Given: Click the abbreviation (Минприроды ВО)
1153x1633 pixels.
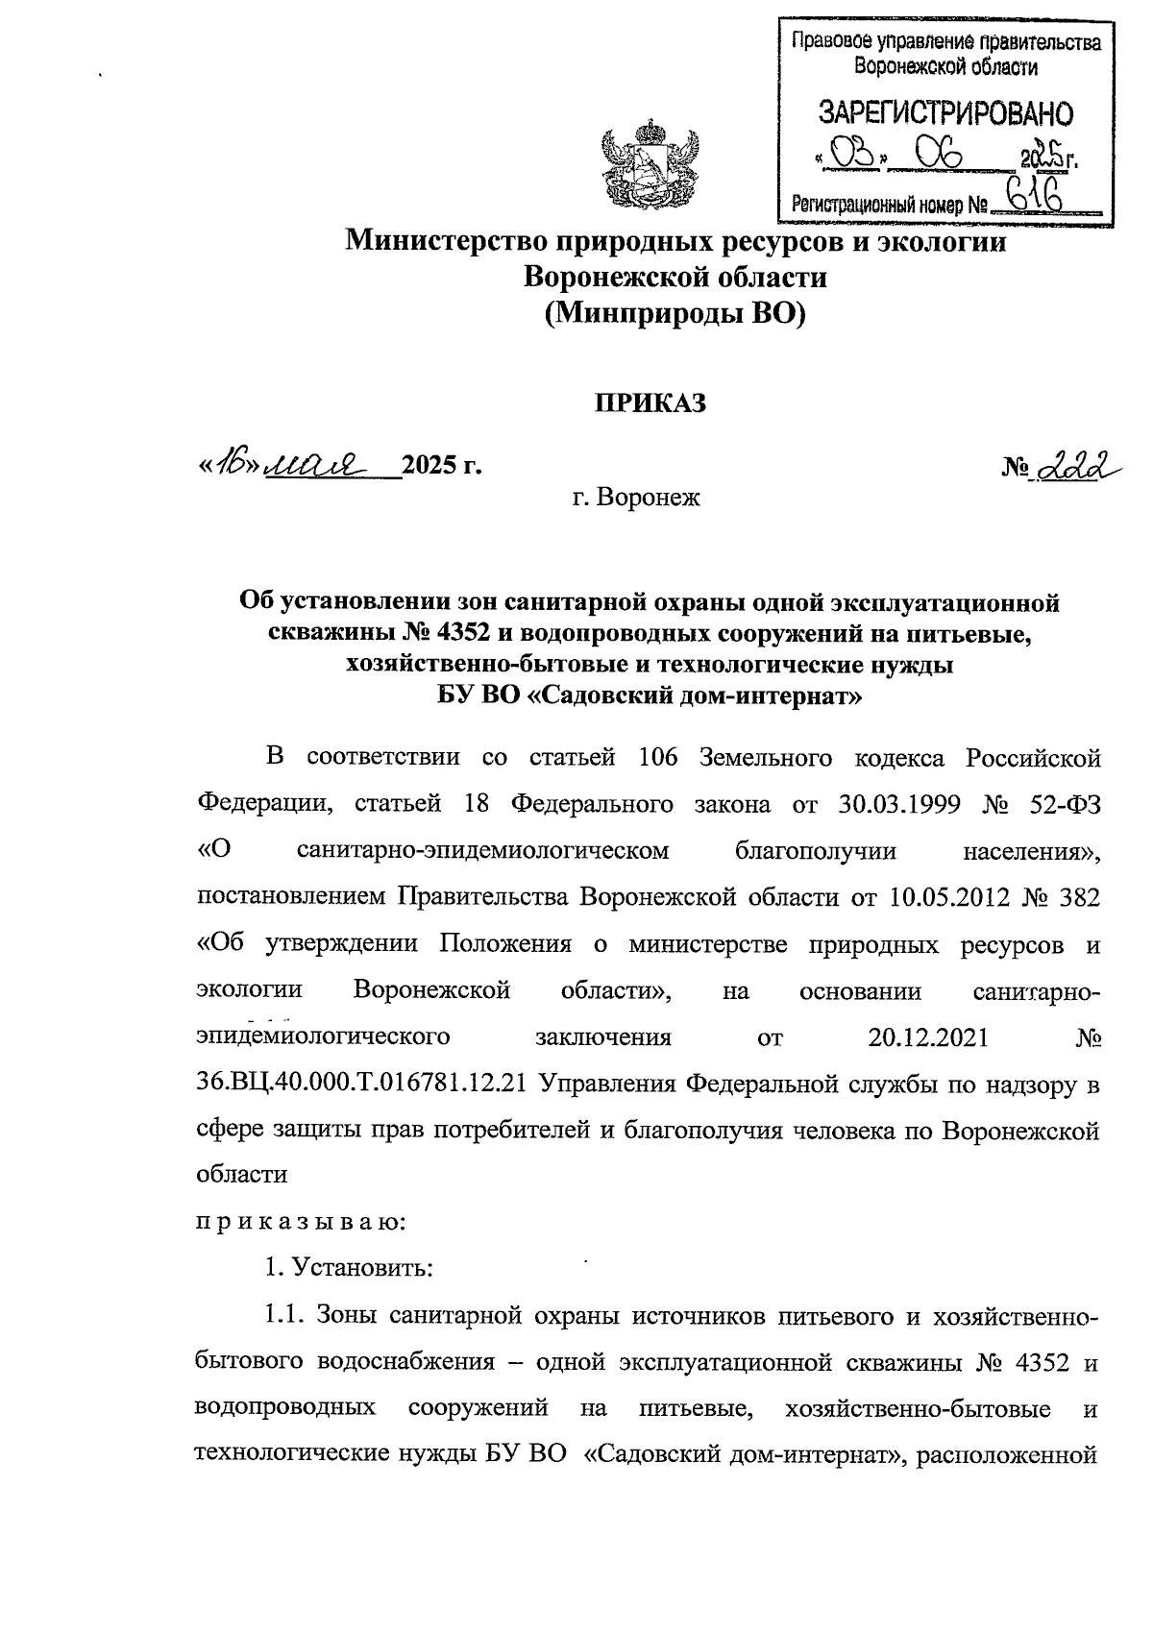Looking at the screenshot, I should point(675,314).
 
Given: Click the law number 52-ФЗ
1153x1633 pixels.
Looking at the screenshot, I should point(1062,804).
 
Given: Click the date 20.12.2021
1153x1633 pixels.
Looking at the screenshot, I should point(929,1037).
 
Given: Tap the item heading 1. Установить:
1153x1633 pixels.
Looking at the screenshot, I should point(350,1268).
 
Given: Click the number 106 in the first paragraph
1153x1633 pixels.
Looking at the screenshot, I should point(658,758).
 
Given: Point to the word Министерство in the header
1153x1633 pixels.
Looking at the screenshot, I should point(438,241).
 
